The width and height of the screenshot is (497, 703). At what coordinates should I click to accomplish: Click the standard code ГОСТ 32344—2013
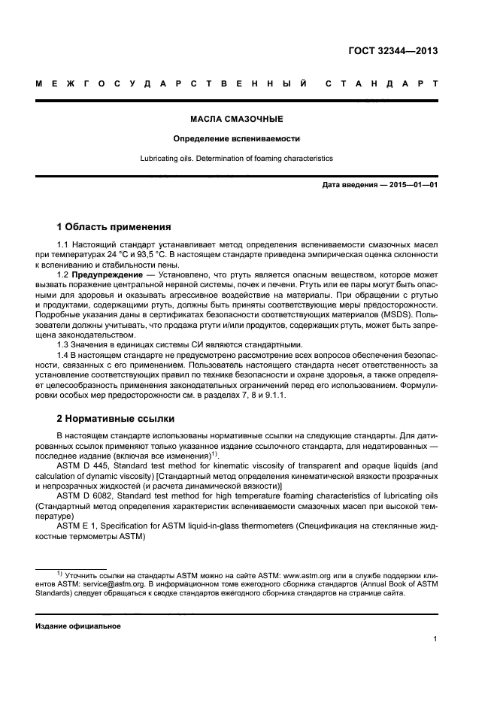click(x=393, y=52)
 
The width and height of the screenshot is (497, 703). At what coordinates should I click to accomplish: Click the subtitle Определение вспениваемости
click(x=236, y=139)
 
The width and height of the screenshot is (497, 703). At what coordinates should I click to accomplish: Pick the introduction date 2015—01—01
click(x=407, y=185)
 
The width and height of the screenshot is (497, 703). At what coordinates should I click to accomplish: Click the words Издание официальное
click(x=78, y=626)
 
